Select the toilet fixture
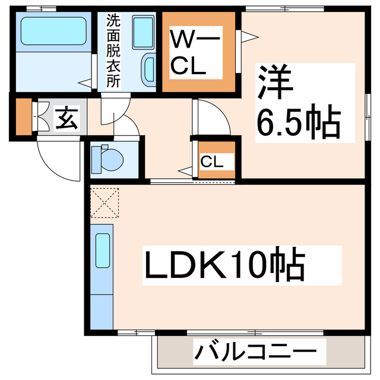pos(108,158)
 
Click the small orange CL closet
pos(215,160)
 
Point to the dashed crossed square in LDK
pos(104,202)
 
